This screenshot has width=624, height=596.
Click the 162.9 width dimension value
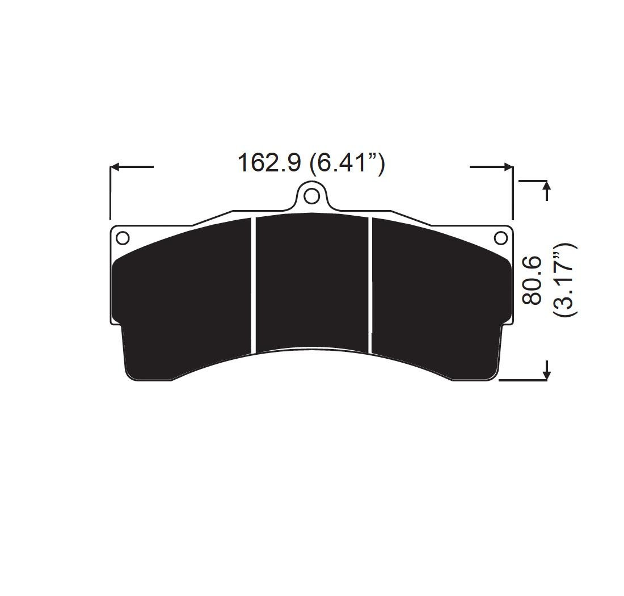(269, 163)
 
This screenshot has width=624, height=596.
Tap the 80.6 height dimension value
(532, 280)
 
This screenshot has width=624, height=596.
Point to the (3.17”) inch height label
(564, 279)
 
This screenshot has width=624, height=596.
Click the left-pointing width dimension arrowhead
(115, 167)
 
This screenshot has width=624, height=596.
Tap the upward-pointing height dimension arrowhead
(547, 186)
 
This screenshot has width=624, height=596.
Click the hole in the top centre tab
(311, 196)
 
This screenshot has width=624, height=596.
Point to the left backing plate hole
(123, 238)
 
